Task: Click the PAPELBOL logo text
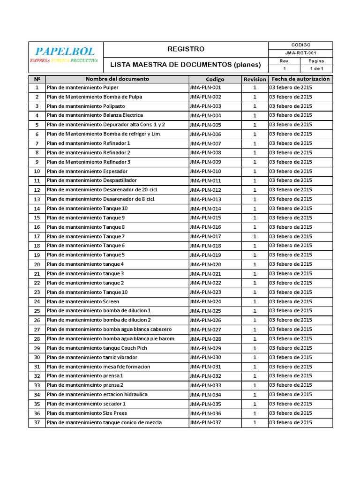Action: (x=65, y=51)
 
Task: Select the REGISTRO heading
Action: (x=186, y=49)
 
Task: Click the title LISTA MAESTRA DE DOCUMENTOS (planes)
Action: (x=186, y=64)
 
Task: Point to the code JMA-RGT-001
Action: (x=300, y=53)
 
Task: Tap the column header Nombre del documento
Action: (x=117, y=79)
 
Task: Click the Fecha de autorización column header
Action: (x=300, y=79)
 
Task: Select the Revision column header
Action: (x=255, y=79)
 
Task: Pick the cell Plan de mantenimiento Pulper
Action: (x=83, y=88)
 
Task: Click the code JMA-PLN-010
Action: (x=205, y=172)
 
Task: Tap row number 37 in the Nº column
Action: (x=37, y=423)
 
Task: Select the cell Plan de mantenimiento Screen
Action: (x=83, y=302)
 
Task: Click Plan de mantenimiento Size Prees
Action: (x=87, y=413)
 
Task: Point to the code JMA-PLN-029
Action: (x=205, y=348)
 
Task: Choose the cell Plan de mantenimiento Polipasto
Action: (x=86, y=106)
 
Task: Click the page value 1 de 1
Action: (x=316, y=69)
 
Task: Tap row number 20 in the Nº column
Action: (x=37, y=264)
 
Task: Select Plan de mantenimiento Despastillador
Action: (x=92, y=180)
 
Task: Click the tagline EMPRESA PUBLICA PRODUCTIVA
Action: (x=64, y=61)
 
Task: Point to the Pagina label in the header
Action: (x=316, y=61)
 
